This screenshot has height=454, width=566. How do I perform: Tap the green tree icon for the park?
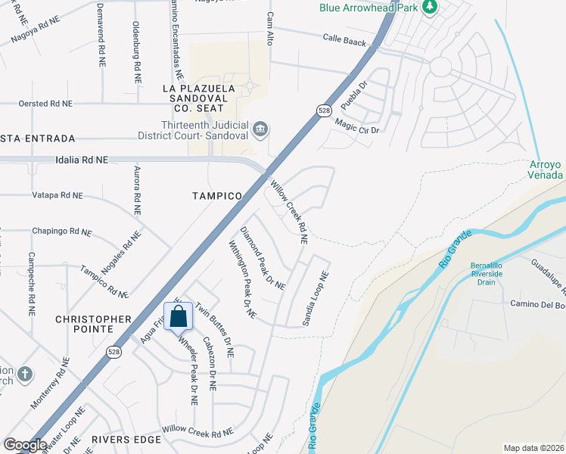pyautogui.click(x=430, y=8)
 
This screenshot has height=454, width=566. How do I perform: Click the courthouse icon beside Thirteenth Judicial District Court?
pyautogui.click(x=260, y=128)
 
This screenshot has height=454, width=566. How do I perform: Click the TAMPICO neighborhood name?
pyautogui.click(x=216, y=195)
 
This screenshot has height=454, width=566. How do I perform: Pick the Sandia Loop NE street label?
pyautogui.click(x=316, y=299)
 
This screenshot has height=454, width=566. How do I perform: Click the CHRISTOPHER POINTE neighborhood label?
pyautogui.click(x=94, y=324)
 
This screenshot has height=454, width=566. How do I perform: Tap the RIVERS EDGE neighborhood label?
pyautogui.click(x=126, y=439)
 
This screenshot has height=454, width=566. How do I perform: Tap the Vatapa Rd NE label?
pyautogui.click(x=58, y=195)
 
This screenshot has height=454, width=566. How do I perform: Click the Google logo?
pyautogui.click(x=25, y=445)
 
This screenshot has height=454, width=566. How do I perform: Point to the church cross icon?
pyautogui.click(x=25, y=374)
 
